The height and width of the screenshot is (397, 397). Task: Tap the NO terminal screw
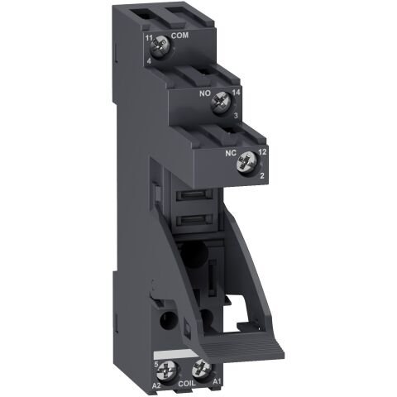(x=219, y=104)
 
